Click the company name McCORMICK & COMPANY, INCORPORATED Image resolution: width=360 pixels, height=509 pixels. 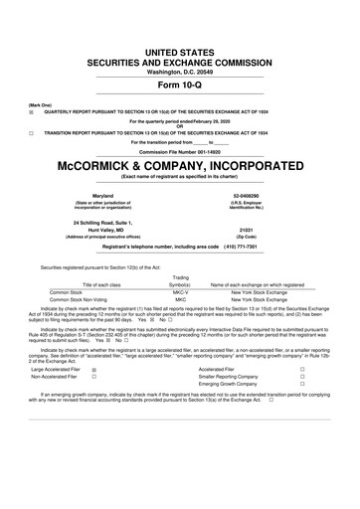[x=180, y=163]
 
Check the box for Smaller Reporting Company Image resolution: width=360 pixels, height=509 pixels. [x=329, y=377]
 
